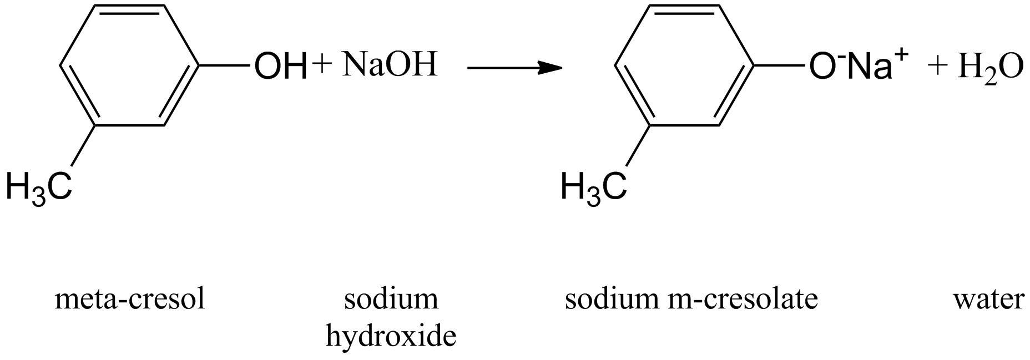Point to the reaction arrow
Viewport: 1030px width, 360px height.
point(514,68)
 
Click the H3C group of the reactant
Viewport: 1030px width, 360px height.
point(39,186)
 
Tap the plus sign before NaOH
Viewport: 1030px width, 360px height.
point(322,64)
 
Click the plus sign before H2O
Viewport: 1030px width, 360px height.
point(937,67)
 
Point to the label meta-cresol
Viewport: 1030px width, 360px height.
point(130,300)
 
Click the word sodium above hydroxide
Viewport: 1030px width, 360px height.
point(391,300)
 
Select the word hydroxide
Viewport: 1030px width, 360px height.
point(391,336)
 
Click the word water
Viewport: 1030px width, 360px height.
point(988,300)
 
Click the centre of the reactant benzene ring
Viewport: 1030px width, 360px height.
point(129,65)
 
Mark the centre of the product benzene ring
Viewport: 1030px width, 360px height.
point(684,65)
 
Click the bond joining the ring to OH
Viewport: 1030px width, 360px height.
point(225,65)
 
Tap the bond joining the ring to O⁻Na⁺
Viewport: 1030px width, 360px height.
point(780,65)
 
